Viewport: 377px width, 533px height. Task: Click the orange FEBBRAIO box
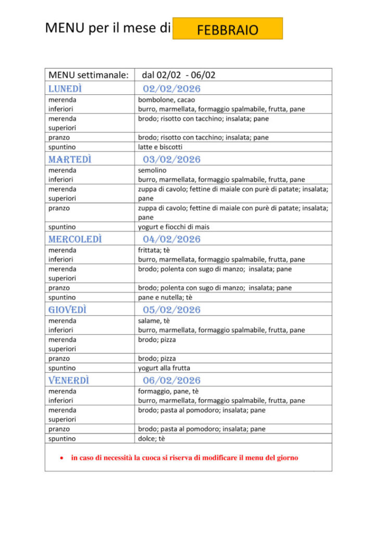tap(228, 29)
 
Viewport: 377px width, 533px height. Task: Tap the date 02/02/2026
tap(171, 88)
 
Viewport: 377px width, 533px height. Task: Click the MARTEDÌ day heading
tap(69, 159)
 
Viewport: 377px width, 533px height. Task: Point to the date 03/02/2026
tap(171, 159)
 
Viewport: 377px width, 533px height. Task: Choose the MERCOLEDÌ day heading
tap(75, 239)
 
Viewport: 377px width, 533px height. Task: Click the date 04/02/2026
tap(171, 239)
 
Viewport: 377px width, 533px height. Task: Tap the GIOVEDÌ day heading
tap(67, 310)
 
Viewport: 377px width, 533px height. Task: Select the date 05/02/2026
tap(171, 310)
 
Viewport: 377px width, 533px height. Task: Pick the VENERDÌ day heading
tap(69, 380)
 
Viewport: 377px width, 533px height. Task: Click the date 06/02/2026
tap(171, 380)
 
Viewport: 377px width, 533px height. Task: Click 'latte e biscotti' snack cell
tap(160, 147)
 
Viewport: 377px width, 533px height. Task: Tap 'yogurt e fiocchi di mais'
tap(174, 227)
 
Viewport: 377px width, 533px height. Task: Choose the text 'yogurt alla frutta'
tap(164, 368)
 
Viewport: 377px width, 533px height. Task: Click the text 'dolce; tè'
tap(152, 438)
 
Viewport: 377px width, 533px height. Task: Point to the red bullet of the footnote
tap(62, 458)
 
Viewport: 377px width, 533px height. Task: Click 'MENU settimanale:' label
tap(89, 75)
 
